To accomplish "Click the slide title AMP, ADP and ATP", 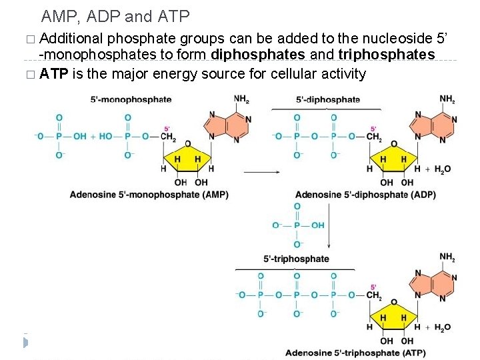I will (115, 15).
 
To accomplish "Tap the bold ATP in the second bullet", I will (53, 73).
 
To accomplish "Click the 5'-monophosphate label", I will (131, 99).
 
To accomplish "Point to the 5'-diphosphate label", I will (328, 99).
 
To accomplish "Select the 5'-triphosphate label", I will (297, 259).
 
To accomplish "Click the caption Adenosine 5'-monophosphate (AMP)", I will (149, 195).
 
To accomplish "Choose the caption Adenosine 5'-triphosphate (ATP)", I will (355, 352).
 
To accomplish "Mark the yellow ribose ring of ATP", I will (393, 318).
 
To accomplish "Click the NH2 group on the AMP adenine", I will (241, 99).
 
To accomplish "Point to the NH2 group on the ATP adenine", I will (447, 257).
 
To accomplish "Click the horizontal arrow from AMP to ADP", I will (261, 171).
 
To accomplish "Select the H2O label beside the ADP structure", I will (443, 169).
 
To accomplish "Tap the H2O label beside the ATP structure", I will (443, 327).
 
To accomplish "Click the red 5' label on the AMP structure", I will (167, 129).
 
